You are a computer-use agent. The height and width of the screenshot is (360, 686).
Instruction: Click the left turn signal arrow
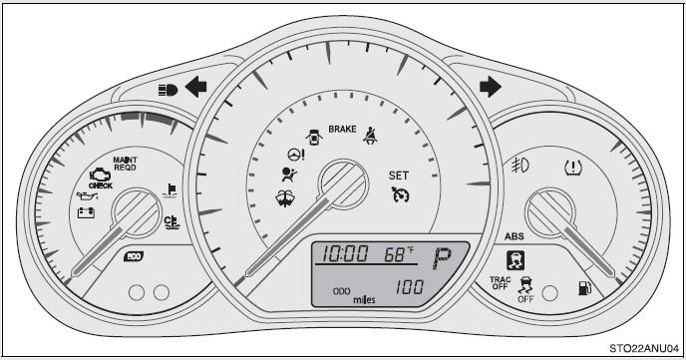point(195,88)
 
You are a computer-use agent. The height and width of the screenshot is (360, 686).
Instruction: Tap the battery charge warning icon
point(87,211)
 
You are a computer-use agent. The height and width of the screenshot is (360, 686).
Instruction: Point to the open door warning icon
point(314,134)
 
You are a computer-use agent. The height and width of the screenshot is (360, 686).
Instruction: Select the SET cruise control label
point(398,175)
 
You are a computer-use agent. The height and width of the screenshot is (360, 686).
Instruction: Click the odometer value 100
point(408,287)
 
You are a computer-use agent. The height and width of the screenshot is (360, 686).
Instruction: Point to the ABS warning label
point(514,237)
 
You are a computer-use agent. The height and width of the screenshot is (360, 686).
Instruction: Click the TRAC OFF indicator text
point(500,283)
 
